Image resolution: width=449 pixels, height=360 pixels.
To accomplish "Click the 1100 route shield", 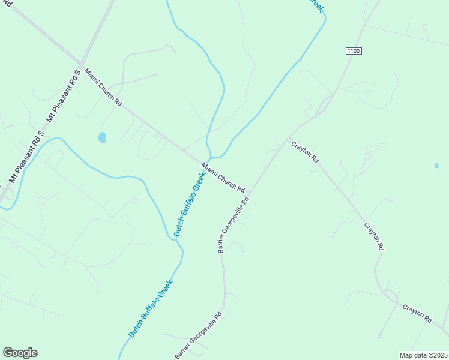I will pos(354,51).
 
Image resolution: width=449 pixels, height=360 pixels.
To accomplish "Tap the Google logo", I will pos(20,353).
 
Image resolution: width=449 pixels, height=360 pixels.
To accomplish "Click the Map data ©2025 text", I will pos(423,355).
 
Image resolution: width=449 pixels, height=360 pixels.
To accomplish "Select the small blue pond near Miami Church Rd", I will pos(102,137).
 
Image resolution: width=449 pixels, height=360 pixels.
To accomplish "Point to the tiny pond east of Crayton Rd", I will pos(436,165).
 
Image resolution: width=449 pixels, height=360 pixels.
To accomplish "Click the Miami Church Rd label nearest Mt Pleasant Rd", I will pos(103,87).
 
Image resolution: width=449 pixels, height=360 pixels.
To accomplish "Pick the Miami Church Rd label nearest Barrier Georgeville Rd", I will pos(223,178).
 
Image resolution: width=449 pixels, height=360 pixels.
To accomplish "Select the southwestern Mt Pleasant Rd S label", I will pos(26,157).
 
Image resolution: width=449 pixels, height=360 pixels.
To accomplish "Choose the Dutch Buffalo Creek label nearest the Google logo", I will pos(150,308).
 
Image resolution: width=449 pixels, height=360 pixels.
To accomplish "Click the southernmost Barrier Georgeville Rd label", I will pos(199,336).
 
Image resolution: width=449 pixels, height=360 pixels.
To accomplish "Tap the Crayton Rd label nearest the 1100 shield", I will pos(305,152).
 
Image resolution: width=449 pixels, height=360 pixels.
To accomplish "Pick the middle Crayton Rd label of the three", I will pos(373,236).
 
